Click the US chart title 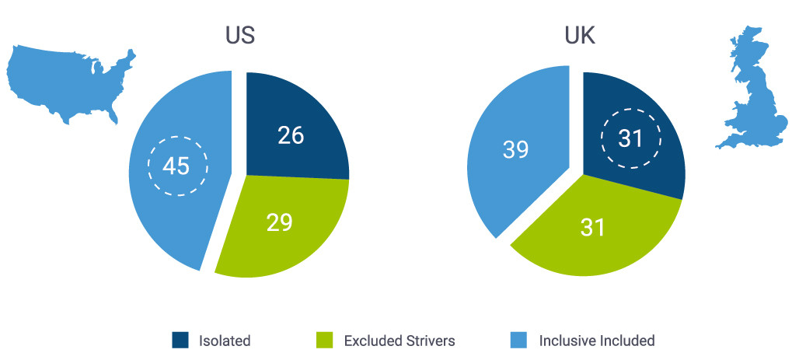click(x=239, y=36)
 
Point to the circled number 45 click(x=177, y=165)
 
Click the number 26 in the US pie click(x=291, y=135)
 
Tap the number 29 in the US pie click(x=278, y=223)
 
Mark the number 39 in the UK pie click(x=515, y=149)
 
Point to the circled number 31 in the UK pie click(x=630, y=140)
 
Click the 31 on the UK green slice click(x=592, y=227)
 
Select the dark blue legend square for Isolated click(x=180, y=340)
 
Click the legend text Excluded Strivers click(x=399, y=341)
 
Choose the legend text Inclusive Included click(x=597, y=341)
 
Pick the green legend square click(x=325, y=340)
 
